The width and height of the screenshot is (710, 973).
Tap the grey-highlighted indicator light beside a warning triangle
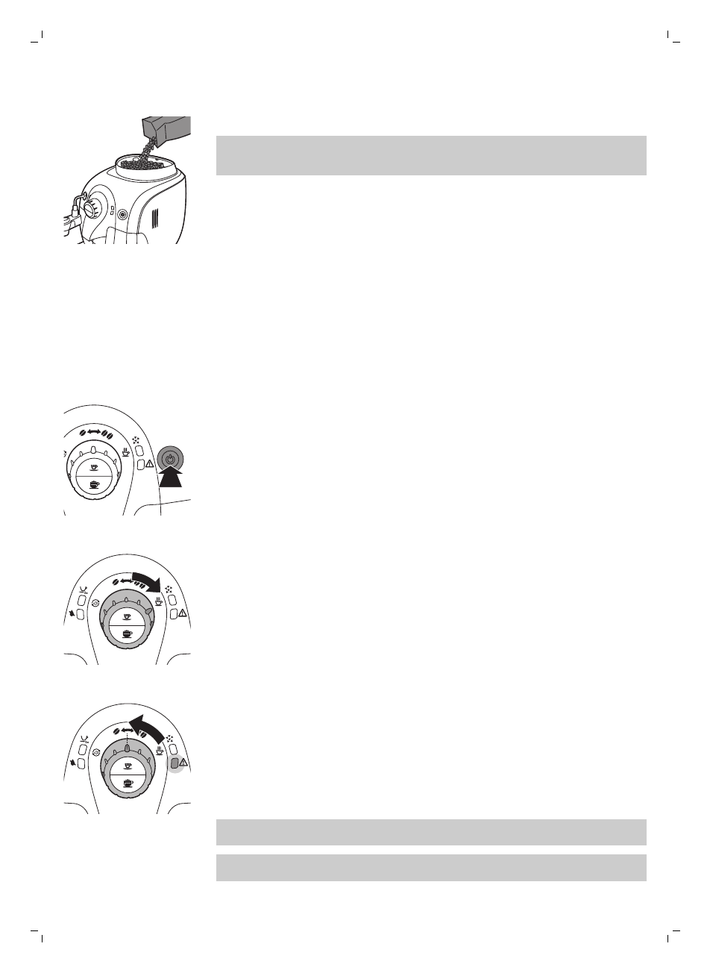(175, 763)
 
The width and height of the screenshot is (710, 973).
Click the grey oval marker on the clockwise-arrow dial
(148, 610)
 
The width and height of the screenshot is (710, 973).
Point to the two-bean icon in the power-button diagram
(109, 434)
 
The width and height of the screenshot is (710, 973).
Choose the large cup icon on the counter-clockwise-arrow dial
(128, 783)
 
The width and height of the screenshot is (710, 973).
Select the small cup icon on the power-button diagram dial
(94, 466)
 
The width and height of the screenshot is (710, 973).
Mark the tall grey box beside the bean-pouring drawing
(431, 155)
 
